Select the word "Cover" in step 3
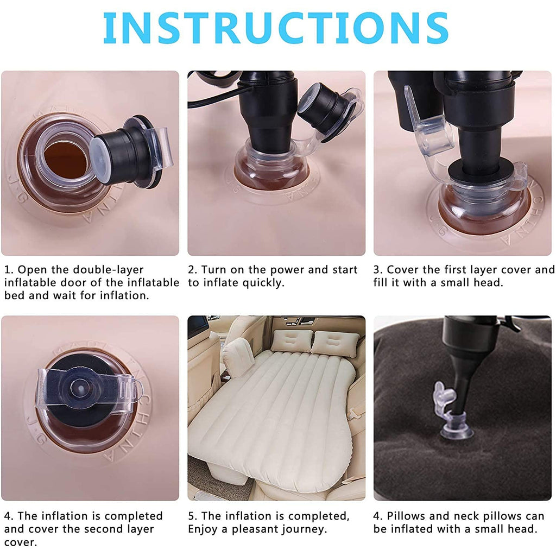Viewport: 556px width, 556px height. click(403, 270)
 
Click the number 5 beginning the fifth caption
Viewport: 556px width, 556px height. click(191, 516)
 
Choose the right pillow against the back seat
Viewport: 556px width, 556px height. click(336, 343)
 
